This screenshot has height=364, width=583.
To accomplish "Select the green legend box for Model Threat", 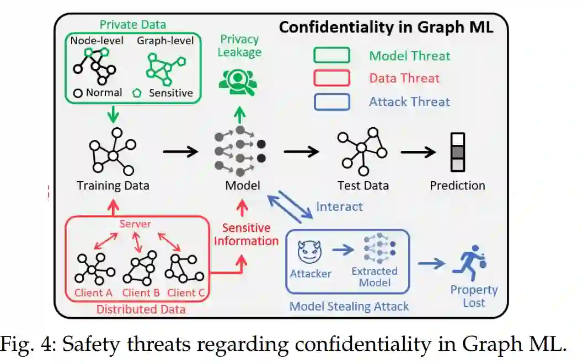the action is coord(331,56).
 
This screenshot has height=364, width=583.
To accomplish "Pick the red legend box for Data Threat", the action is coord(331,78).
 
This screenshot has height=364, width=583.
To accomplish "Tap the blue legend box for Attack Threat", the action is coord(331,101).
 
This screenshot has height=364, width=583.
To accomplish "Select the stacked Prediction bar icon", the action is coord(458,151).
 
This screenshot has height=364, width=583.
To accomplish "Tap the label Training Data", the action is coord(113,186).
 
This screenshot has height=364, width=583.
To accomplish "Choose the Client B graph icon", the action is coord(140,268).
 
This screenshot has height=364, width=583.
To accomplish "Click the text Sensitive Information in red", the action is coord(246,234).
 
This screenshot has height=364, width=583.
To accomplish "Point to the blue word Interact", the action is coord(339,207).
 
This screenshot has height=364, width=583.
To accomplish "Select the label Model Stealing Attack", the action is coord(349,306).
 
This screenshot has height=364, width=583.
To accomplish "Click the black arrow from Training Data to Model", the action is coord(181,150).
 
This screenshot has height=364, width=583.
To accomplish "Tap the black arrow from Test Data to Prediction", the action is coord(419,150).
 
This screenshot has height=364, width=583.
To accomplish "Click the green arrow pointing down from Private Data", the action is coord(113,114).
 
